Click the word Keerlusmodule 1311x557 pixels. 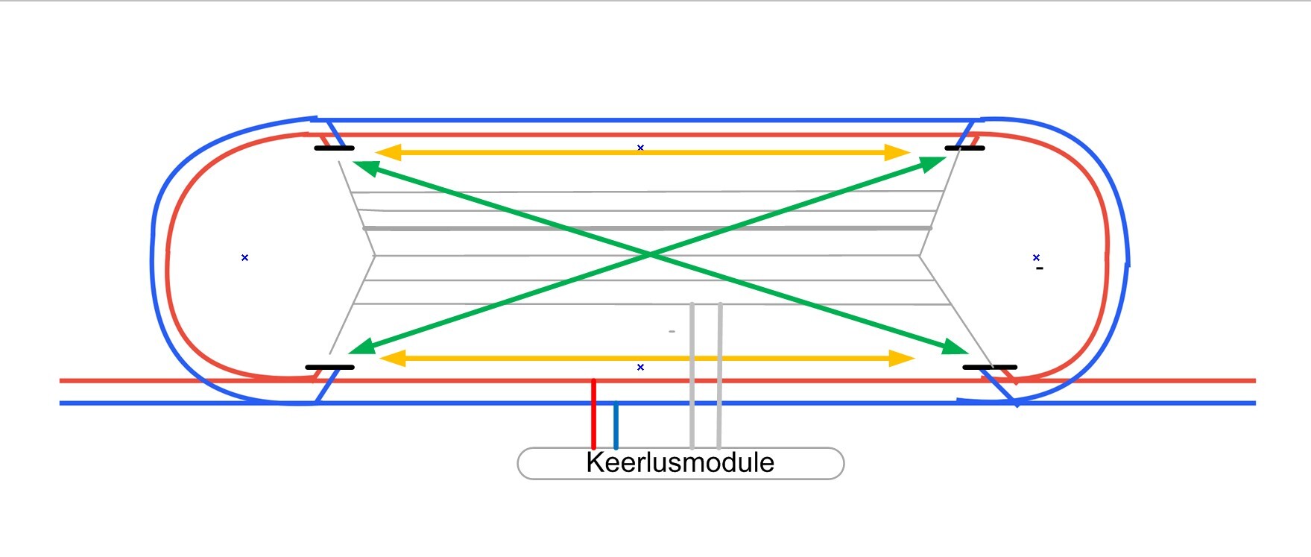(x=680, y=463)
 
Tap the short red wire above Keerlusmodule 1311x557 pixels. (x=593, y=414)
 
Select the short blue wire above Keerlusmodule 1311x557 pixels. (x=616, y=425)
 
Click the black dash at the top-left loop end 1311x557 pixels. (x=334, y=148)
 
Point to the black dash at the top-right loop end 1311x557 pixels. (x=964, y=148)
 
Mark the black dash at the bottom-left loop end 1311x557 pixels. (x=329, y=367)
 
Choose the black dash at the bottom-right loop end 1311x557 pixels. (x=989, y=367)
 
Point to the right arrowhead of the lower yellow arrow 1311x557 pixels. (x=903, y=359)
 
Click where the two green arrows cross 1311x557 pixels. (x=650, y=255)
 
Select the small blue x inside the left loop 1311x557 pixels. (x=244, y=257)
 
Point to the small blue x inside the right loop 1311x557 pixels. (x=1036, y=257)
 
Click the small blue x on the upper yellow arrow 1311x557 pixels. (x=640, y=148)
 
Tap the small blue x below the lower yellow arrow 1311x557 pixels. (x=640, y=367)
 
